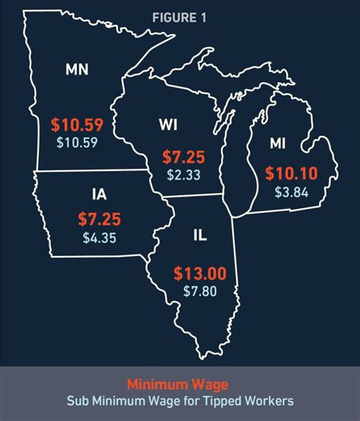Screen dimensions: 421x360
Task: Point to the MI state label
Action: [x=279, y=143]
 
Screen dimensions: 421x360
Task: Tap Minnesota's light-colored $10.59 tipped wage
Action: [x=77, y=141]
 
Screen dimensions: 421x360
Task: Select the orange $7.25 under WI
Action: [x=182, y=158]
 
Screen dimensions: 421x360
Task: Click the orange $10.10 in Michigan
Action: [x=291, y=174]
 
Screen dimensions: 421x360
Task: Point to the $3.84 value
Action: [x=291, y=192]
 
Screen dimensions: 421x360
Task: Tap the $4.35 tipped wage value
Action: [x=99, y=237]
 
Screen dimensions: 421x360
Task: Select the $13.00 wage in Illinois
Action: [x=199, y=272]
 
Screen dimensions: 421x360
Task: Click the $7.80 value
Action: [x=200, y=290]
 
